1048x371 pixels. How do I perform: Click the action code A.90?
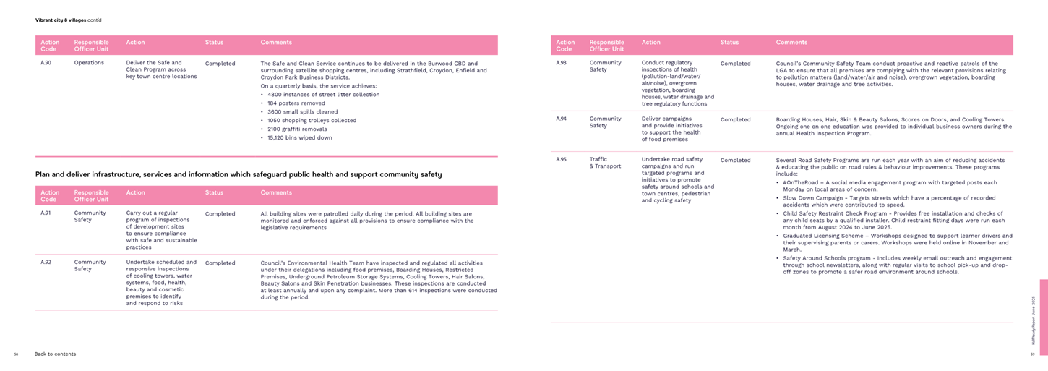[x=46, y=63]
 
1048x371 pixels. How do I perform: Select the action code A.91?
[x=46, y=214]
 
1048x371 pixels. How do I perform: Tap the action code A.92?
[x=46, y=263]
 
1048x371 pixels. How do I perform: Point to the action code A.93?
[x=561, y=63]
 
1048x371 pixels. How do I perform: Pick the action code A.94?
[x=561, y=119]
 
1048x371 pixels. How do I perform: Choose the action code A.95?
[x=561, y=159]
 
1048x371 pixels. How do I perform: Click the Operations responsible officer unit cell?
[x=89, y=63]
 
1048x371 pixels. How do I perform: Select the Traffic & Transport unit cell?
[x=605, y=163]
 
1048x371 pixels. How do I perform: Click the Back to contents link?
[x=55, y=354]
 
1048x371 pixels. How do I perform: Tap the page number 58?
[x=16, y=354]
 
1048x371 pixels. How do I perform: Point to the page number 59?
[x=1032, y=354]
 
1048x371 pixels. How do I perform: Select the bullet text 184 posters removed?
[x=296, y=103]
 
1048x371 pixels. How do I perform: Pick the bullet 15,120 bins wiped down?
[x=299, y=137]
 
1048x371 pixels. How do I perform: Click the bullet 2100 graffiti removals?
[x=296, y=129]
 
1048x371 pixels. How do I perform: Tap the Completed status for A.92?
[x=220, y=263]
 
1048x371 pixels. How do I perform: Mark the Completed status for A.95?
[x=735, y=160]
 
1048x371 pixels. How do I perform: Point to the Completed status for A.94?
[x=735, y=119]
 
